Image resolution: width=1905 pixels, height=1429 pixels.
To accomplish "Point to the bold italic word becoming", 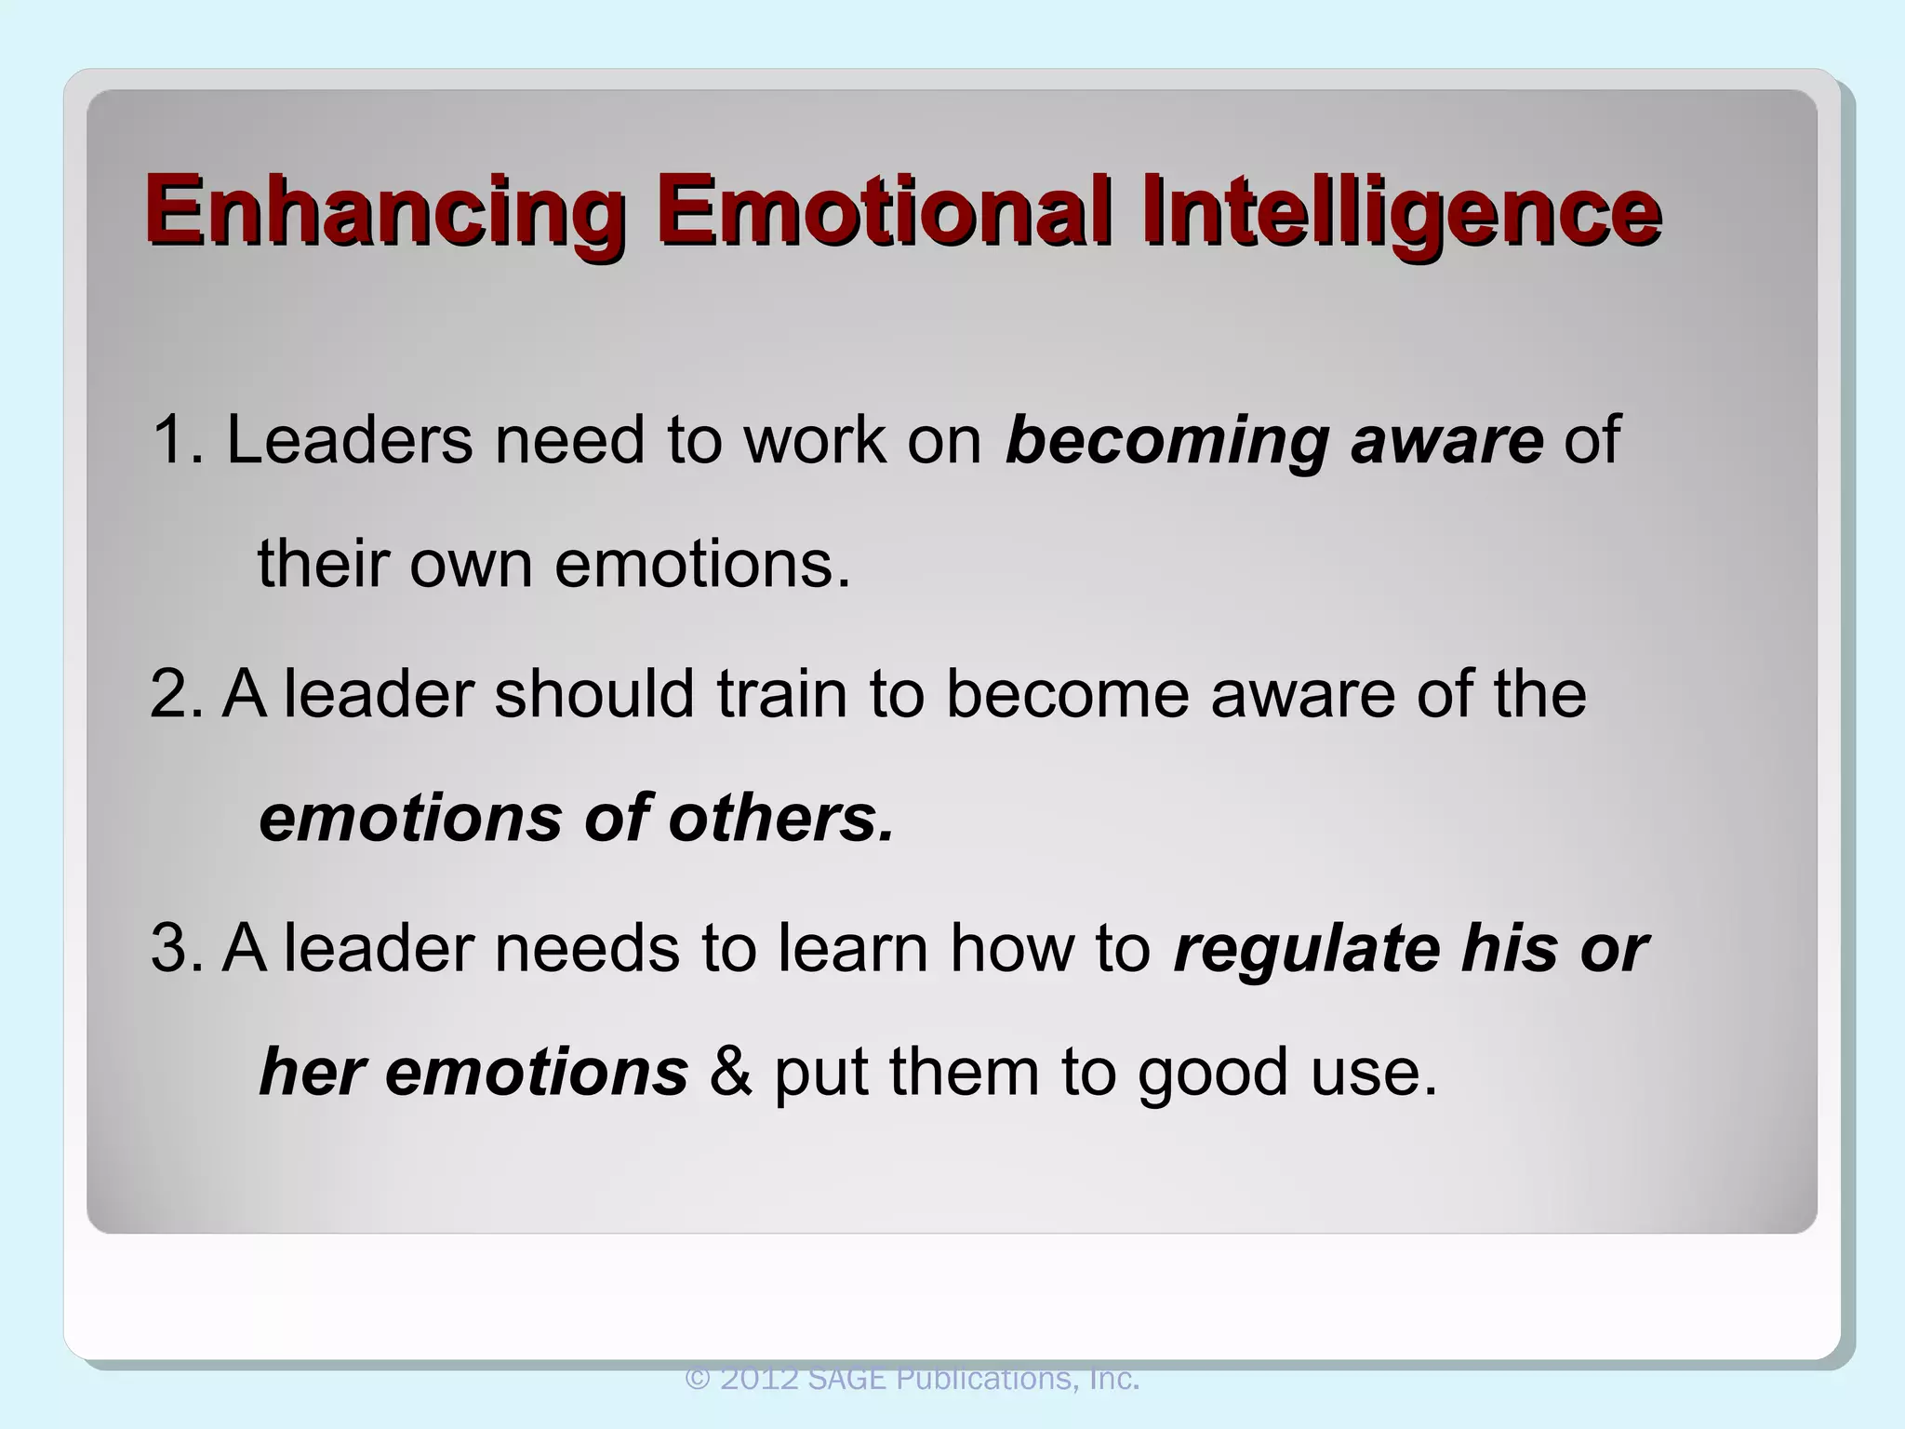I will coord(1166,441).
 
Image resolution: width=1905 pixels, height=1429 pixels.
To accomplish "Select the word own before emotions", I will coord(471,565).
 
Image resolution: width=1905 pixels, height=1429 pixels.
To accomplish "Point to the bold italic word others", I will coord(781,818).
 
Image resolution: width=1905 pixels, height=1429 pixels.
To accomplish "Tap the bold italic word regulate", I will coord(1307,950).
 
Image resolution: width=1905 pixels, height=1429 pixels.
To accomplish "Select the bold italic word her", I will coord(311,1072).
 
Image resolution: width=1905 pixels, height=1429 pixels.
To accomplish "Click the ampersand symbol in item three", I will coord(731,1072).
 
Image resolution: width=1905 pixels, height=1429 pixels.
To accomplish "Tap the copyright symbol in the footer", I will coord(698,1379).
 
